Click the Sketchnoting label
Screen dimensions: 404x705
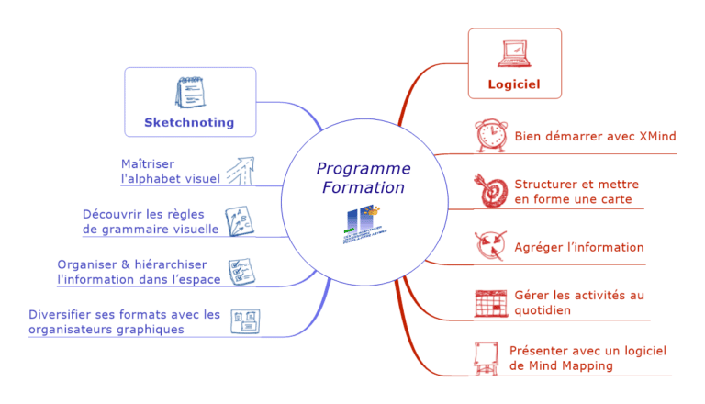[x=189, y=122]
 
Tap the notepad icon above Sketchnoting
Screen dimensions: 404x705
[x=189, y=93]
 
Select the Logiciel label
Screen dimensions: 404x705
[x=514, y=84]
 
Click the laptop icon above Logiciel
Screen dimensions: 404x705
[x=514, y=54]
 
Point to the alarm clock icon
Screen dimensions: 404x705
[x=490, y=136]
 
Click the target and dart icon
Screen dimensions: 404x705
[x=490, y=190]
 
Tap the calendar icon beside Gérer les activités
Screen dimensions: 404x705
[x=490, y=302]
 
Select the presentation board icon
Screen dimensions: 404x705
[x=487, y=357]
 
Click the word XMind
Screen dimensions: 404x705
[x=657, y=137]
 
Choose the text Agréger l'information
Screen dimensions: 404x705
[x=579, y=247]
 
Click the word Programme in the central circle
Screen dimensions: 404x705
[x=364, y=169]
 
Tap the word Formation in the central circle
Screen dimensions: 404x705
[x=364, y=187]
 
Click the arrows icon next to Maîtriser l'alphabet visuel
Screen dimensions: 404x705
[x=240, y=171]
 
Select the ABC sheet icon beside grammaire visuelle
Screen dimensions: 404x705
[x=240, y=221]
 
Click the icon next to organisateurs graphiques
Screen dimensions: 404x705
[x=244, y=321]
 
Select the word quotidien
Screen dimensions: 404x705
[x=543, y=310]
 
